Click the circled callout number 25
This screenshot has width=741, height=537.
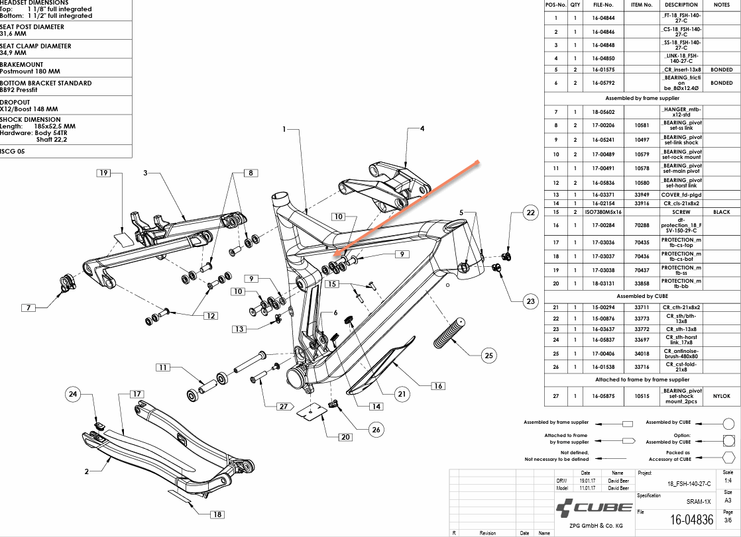pos(489,356)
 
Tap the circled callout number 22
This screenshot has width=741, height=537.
pos(530,213)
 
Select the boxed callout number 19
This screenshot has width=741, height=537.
pos(103,173)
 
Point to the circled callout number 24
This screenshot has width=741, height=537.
pos(74,394)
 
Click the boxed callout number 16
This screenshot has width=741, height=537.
pos(437,385)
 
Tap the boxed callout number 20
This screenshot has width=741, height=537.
pos(345,436)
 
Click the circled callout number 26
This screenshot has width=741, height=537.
pos(376,430)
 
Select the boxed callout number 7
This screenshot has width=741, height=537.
pos(28,307)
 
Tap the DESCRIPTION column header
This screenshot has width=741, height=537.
pos(681,5)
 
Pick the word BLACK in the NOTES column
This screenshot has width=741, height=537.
pos(721,212)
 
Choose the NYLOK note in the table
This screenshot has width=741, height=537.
pos(721,396)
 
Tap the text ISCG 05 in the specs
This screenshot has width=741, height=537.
pos(14,151)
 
